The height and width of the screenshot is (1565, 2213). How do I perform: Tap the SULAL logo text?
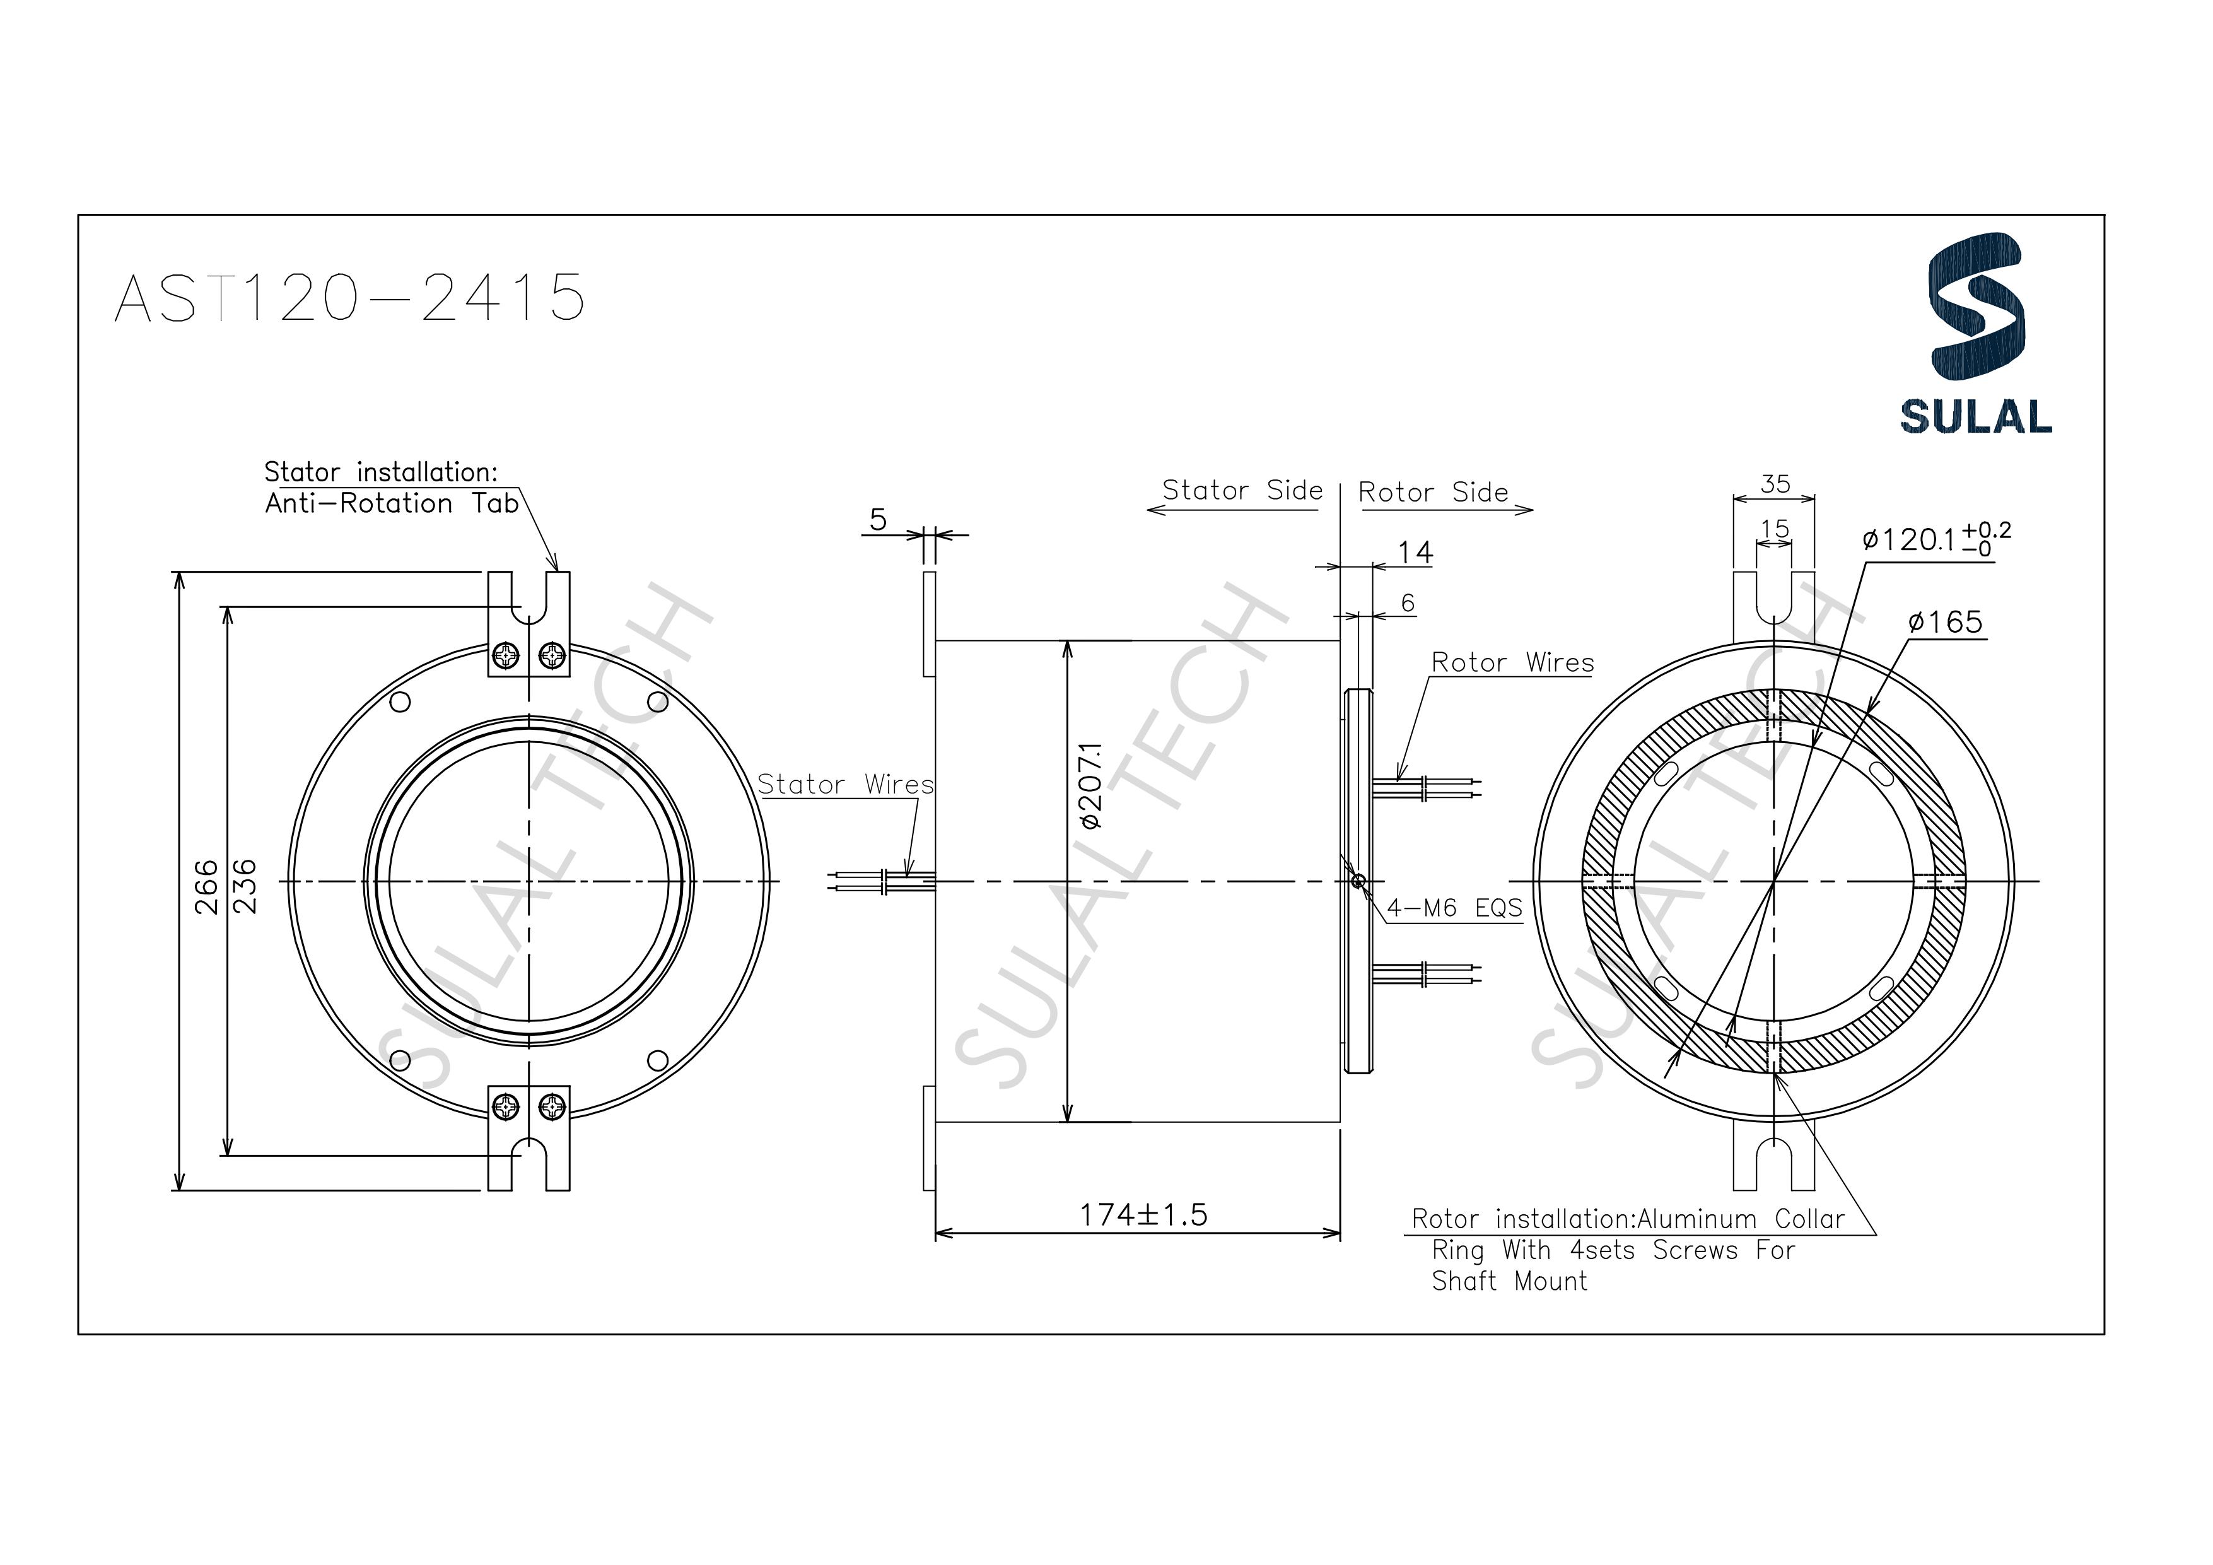pyautogui.click(x=1975, y=416)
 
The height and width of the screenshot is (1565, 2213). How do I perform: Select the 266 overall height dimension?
pyautogui.click(x=206, y=886)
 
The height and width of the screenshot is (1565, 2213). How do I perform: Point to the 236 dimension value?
pyautogui.click(x=245, y=886)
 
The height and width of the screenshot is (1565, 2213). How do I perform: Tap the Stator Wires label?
pyautogui.click(x=845, y=784)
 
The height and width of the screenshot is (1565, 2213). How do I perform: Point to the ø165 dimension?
pyautogui.click(x=1945, y=622)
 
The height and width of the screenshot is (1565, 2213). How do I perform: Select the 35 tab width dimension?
pyautogui.click(x=1775, y=484)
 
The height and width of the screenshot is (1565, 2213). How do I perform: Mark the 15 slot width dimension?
pyautogui.click(x=1773, y=529)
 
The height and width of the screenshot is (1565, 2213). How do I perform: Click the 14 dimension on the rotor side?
pyautogui.click(x=1415, y=553)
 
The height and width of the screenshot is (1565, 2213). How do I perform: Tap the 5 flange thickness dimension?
pyautogui.click(x=877, y=520)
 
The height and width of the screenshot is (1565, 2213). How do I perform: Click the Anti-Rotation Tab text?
pyautogui.click(x=391, y=503)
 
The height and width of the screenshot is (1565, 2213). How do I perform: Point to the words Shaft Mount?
pyautogui.click(x=1509, y=1282)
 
